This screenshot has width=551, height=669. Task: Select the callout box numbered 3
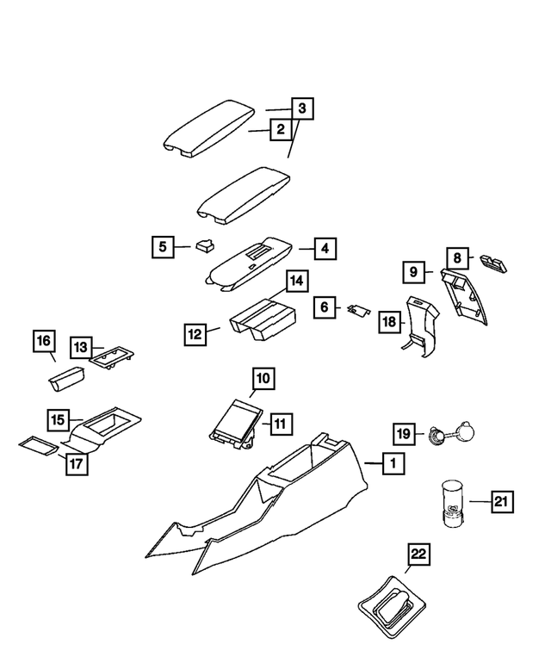click(x=301, y=109)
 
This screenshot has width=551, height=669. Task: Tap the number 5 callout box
click(x=163, y=247)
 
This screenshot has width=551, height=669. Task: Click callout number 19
click(x=405, y=432)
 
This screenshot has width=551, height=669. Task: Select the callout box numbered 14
click(x=296, y=282)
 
